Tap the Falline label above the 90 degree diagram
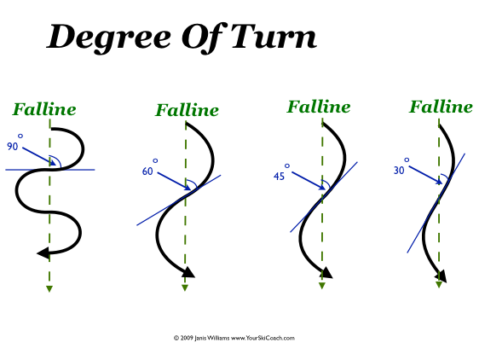44,109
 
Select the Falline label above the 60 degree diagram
187,110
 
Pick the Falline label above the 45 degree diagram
319,107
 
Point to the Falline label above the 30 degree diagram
441,107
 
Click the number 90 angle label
13,147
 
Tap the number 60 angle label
147,171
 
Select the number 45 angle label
279,177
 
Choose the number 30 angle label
399,171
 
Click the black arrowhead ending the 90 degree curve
42,252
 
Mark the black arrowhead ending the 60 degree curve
188,272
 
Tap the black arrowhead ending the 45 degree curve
326,273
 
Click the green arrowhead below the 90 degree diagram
49,289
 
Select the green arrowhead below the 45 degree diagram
321,286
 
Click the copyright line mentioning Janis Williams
234,338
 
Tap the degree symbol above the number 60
155,160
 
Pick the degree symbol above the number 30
407,160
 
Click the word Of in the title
199,38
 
